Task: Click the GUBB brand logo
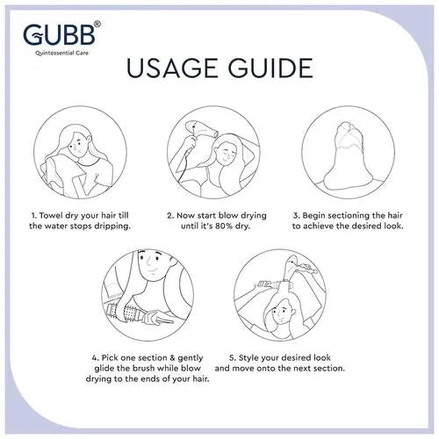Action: click(x=59, y=34)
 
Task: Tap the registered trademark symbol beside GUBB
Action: click(x=98, y=24)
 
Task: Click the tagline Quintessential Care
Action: click(x=61, y=53)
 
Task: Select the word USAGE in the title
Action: click(x=173, y=68)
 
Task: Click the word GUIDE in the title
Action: click(x=270, y=68)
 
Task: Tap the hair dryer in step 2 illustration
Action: click(x=200, y=129)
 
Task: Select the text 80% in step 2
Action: click(x=225, y=227)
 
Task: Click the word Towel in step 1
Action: click(x=51, y=216)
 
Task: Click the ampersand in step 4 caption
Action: click(x=172, y=358)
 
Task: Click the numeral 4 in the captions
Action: click(x=94, y=358)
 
